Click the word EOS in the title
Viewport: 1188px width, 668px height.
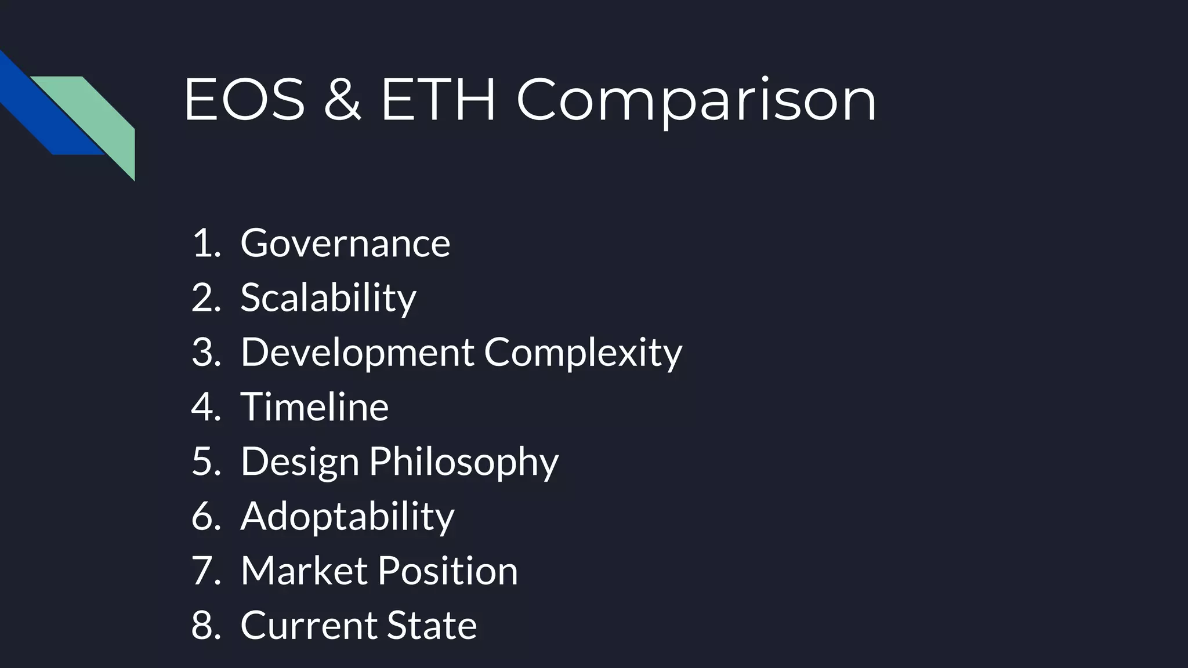click(244, 100)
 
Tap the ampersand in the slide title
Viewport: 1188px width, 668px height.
click(342, 100)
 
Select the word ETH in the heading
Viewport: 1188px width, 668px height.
click(438, 100)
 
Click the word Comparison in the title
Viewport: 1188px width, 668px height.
click(696, 100)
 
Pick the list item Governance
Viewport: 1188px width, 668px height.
click(345, 243)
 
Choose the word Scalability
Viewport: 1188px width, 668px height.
click(328, 297)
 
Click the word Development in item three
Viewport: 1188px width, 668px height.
click(357, 352)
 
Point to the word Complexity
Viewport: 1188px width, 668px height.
click(583, 352)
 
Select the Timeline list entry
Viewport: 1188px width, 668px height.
click(314, 406)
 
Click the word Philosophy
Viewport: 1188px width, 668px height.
click(463, 462)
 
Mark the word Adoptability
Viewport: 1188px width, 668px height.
click(347, 516)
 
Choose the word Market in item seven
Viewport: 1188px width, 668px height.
click(304, 571)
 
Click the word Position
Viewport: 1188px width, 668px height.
click(448, 571)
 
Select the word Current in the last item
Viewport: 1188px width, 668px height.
click(309, 625)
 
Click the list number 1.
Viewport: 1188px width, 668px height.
click(203, 243)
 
